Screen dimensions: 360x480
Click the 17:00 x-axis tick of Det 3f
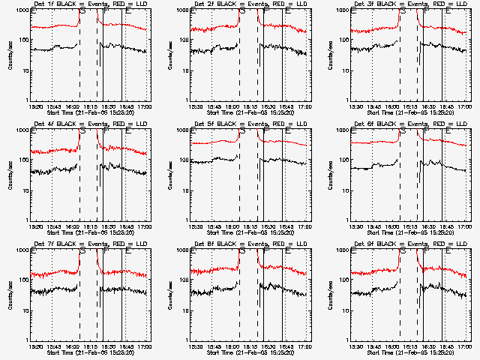[465, 106]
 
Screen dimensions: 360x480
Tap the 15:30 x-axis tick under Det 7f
[35, 346]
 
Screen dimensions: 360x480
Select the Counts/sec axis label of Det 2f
[170, 56]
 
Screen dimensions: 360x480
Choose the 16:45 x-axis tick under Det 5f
[286, 226]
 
